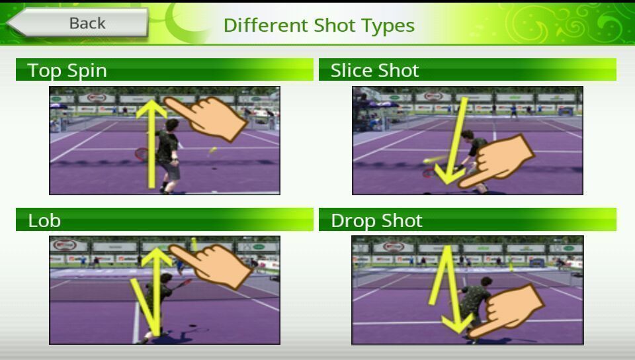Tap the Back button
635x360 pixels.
[78, 22]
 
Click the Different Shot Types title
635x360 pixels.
[319, 25]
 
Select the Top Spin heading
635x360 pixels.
[67, 70]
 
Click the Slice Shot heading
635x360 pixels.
[374, 70]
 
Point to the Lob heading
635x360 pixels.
[44, 220]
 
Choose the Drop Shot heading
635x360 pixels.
[376, 221]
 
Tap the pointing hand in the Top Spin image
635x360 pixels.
[206, 118]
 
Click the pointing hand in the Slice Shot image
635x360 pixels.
[497, 162]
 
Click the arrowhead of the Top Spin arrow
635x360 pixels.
[151, 109]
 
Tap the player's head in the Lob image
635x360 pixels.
[166, 279]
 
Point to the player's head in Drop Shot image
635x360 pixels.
[486, 282]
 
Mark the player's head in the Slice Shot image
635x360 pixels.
[468, 135]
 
